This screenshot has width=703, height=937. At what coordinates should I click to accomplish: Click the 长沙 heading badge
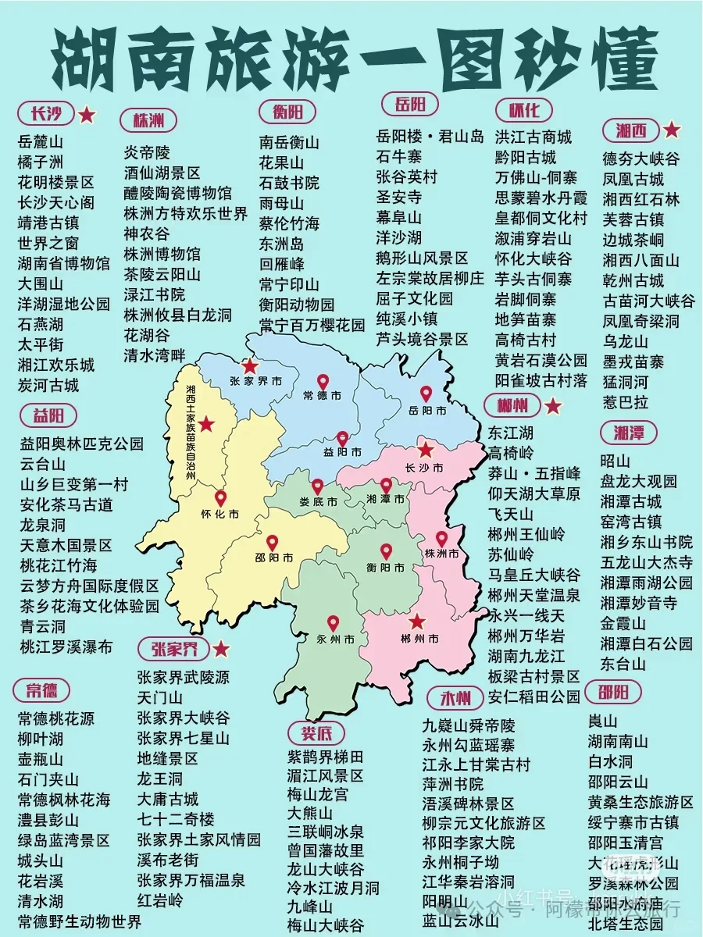pos(45,114)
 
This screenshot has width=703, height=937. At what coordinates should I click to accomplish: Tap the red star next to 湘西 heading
pos(672,130)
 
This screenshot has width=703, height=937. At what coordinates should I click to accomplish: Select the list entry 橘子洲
pos(40,162)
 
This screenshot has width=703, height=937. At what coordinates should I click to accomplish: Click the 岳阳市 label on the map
pos(428,411)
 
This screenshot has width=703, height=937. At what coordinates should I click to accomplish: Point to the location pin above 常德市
pos(323,382)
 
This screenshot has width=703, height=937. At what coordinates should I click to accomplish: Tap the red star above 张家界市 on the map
pos(250,365)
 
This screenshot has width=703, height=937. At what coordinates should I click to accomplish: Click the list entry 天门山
pos(159,697)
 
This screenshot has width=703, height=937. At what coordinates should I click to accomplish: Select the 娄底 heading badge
pos(316,732)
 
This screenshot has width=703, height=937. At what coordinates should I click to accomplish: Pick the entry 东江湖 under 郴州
pos(511,433)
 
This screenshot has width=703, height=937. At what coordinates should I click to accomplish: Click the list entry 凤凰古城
pos(633,179)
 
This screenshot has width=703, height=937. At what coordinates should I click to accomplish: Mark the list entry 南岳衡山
pos(289,143)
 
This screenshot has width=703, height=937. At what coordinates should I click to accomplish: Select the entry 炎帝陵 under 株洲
pos(147,151)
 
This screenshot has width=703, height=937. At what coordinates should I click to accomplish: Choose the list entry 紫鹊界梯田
pos(325,756)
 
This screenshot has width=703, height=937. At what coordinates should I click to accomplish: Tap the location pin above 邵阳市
pos(273,542)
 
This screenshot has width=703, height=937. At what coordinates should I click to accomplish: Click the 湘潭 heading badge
pos(629,433)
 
